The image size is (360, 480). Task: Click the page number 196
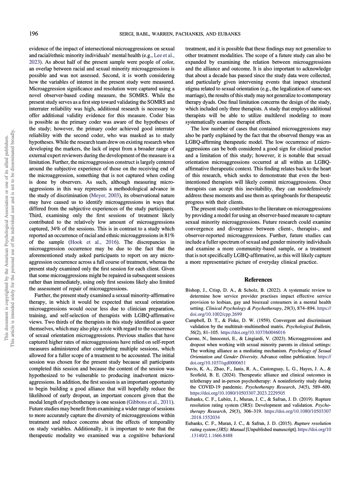click(x=33, y=34)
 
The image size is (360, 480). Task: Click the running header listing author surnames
click(x=180, y=34)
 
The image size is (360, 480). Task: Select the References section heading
click(x=258, y=280)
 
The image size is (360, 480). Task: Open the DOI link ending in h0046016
click(x=253, y=332)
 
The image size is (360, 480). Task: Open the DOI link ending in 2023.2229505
click(x=237, y=393)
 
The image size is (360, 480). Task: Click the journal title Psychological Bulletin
click(x=308, y=326)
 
